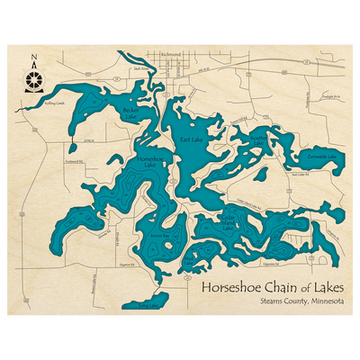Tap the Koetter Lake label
(x=259, y=139)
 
